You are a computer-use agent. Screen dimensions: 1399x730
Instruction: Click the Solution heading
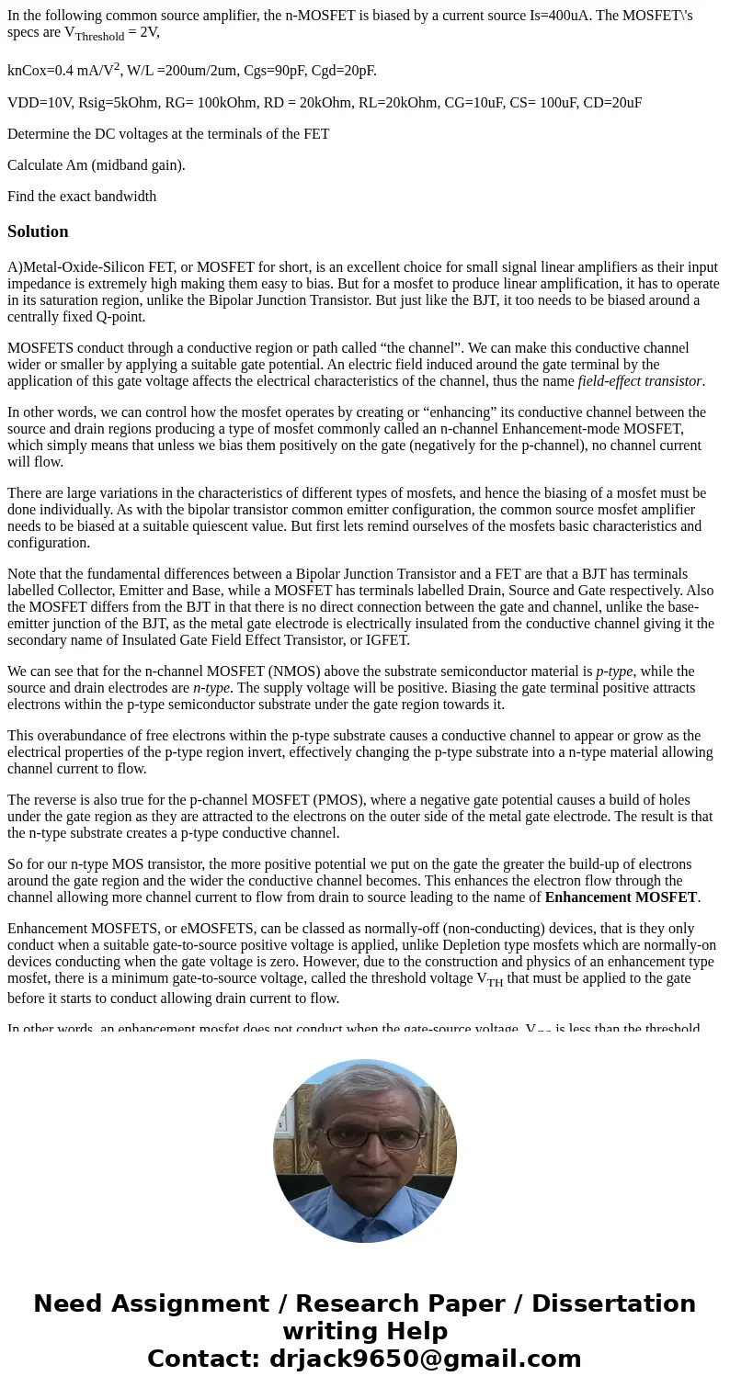pos(38,231)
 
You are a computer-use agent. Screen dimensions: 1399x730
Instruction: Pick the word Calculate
pos(38,165)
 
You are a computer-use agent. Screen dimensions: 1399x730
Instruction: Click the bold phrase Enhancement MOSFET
pos(621,897)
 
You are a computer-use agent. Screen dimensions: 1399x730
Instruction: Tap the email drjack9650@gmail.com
pos(425,1360)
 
